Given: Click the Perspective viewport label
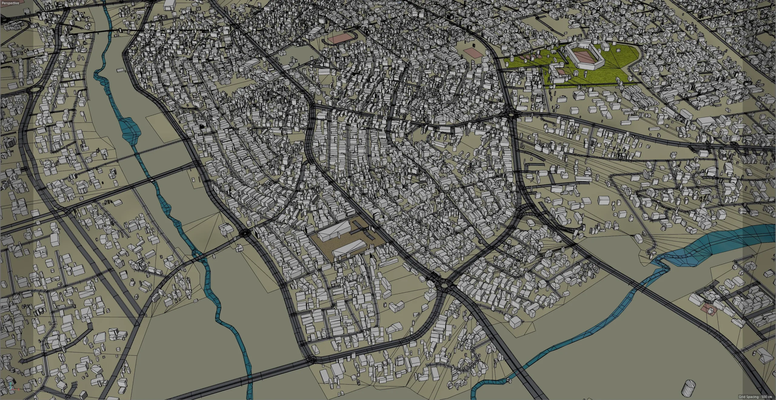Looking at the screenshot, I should (x=10, y=3).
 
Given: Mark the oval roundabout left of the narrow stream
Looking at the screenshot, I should (x=35, y=89).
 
